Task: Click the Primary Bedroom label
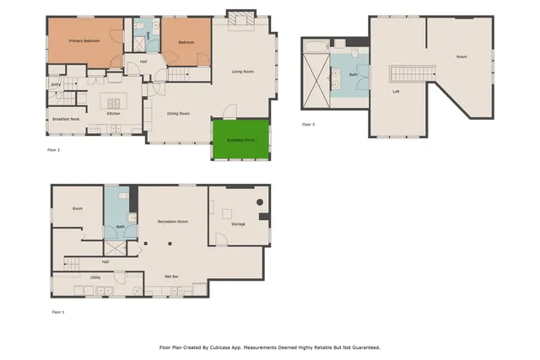[84, 40]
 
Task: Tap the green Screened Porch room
[240, 139]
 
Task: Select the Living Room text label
[245, 72]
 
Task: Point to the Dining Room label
[178, 113]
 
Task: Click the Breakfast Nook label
[64, 118]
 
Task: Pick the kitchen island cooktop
[111, 104]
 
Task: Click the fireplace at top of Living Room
[240, 19]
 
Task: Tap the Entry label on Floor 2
[56, 84]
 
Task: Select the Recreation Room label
[172, 221]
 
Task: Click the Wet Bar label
[170, 276]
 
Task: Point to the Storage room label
[238, 224]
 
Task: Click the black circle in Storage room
[261, 201]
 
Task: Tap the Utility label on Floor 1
[95, 276]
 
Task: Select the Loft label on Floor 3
[395, 91]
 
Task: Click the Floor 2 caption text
[53, 149]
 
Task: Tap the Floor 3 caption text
[308, 124]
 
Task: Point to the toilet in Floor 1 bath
[123, 196]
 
